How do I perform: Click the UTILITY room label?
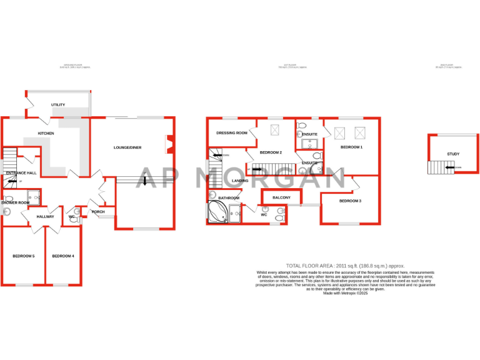click(x=58, y=105)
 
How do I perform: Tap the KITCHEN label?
click(x=46, y=134)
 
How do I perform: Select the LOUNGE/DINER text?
click(x=127, y=147)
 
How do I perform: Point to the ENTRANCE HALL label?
click(x=21, y=172)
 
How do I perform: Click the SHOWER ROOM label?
click(x=15, y=202)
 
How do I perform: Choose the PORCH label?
click(x=99, y=212)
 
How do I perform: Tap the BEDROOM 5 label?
click(x=24, y=256)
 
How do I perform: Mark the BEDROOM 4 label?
click(x=63, y=256)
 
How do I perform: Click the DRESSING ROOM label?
click(x=232, y=133)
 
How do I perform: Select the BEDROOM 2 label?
click(x=271, y=152)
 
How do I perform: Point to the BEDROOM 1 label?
click(x=351, y=147)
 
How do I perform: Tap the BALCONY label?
click(x=281, y=197)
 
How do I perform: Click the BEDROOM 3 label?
click(x=351, y=201)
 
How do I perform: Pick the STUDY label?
click(x=453, y=154)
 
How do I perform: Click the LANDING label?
click(x=240, y=181)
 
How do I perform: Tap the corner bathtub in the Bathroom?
click(x=219, y=212)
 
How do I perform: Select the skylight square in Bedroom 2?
click(x=274, y=130)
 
